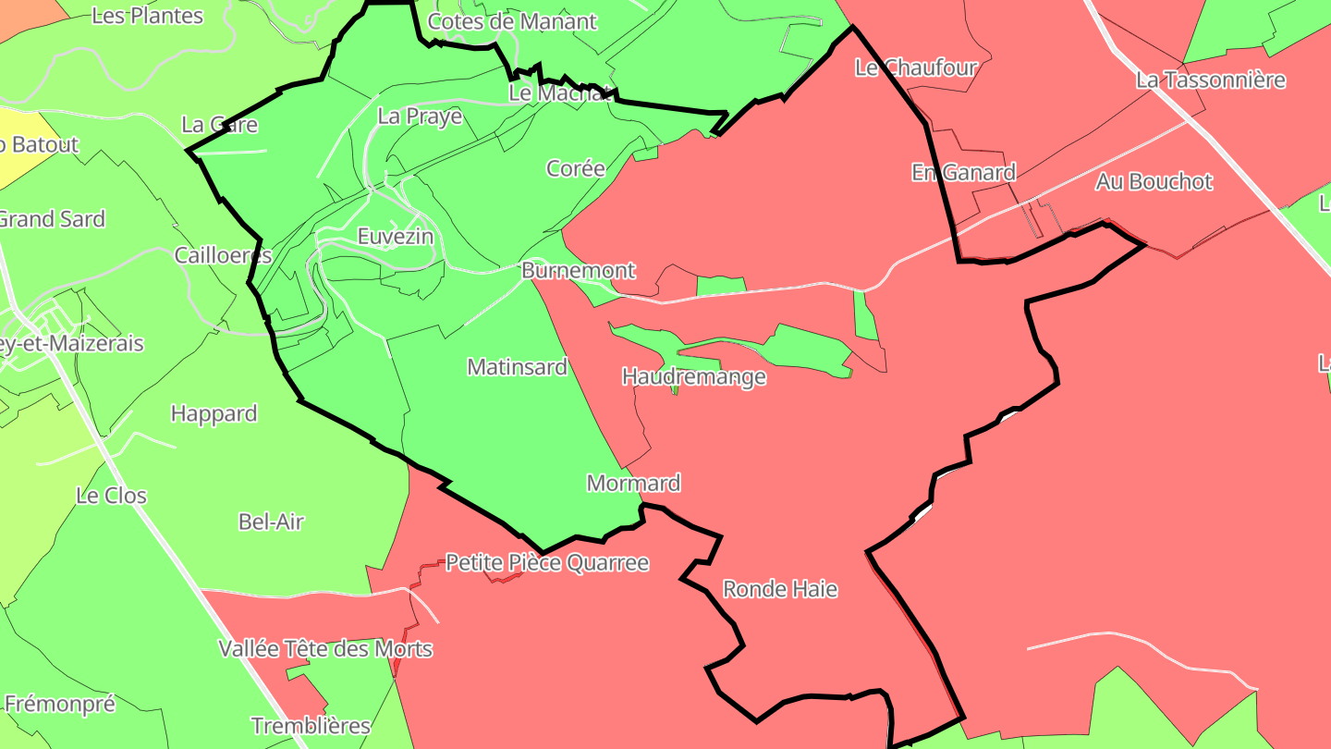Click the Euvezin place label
396,237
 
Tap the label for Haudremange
693,376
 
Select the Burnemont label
579,271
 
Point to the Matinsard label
517,367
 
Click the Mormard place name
634,483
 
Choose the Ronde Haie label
780,589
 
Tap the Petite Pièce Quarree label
547,562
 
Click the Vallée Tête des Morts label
325,648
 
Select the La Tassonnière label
1211,80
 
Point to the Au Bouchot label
1154,181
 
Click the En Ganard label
963,172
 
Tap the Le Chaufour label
916,67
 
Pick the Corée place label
576,168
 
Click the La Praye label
420,117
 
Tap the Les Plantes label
148,16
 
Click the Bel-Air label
271,522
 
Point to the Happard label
214,413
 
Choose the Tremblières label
311,726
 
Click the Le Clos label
111,496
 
